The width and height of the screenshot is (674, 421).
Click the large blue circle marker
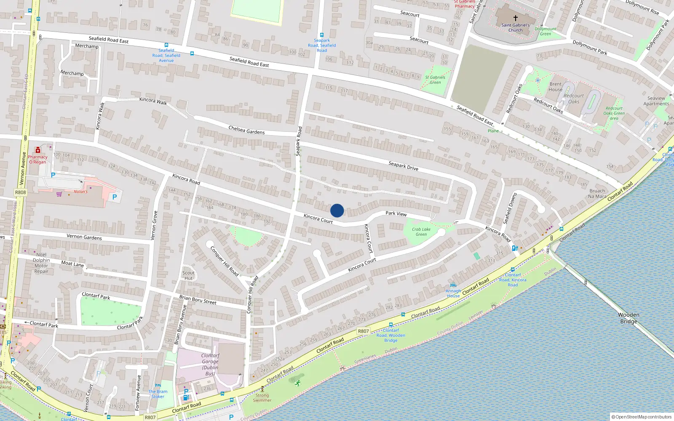[x=337, y=210]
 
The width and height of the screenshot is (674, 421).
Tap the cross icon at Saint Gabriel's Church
[x=515, y=18]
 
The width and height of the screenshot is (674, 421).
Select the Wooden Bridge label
[x=629, y=318]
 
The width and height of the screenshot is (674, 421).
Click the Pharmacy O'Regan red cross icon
[x=38, y=150]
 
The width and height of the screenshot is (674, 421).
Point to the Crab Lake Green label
[x=421, y=232]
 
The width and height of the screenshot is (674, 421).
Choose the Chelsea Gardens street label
[x=246, y=130]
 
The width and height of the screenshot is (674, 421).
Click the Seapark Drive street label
[x=403, y=166]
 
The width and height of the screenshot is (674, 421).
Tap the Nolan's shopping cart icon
[x=59, y=194]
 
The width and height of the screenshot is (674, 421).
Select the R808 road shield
[x=20, y=192]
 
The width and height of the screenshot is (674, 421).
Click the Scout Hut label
[x=188, y=275]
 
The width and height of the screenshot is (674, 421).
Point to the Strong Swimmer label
[x=262, y=397]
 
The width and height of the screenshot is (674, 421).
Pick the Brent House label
[x=555, y=86]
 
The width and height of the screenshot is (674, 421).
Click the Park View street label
[x=396, y=213]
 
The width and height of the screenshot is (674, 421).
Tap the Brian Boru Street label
[x=198, y=300]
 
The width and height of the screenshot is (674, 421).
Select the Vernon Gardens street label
[x=84, y=237]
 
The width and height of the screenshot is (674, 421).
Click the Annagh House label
[x=453, y=293]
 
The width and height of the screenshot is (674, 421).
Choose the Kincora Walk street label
[x=153, y=101]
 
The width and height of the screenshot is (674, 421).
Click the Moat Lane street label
[x=72, y=264]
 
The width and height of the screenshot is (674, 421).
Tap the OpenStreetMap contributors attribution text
[x=642, y=417]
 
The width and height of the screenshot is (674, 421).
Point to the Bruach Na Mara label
[x=597, y=193]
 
